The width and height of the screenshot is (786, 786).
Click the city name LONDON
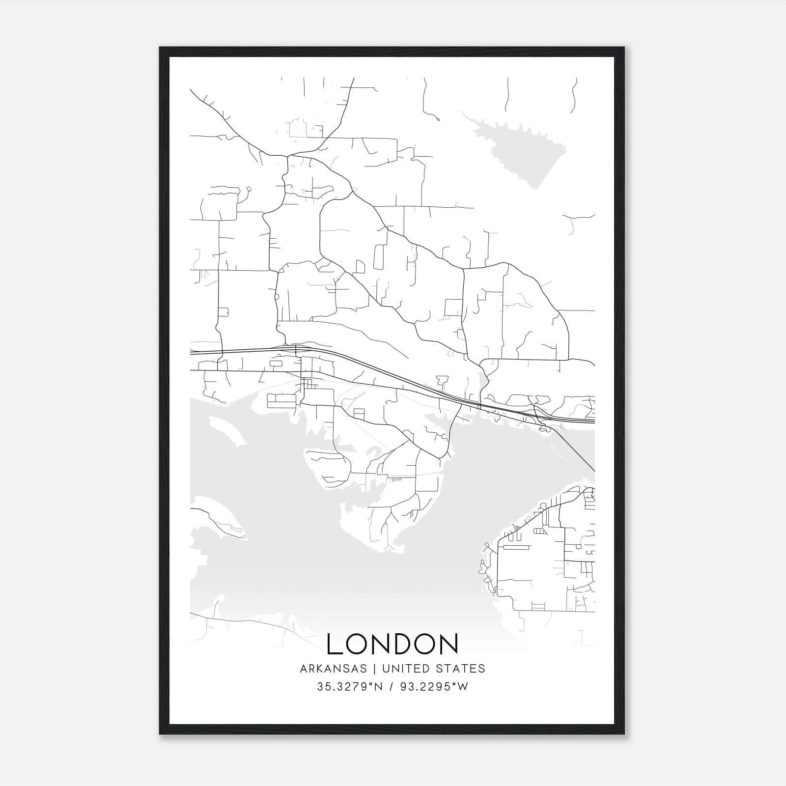click(x=393, y=644)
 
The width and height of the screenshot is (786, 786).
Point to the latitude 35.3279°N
click(x=350, y=687)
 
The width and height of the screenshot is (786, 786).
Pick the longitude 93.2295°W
click(x=434, y=687)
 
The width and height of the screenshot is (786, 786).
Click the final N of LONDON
click(x=449, y=644)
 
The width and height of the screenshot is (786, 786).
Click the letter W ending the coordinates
click(x=463, y=687)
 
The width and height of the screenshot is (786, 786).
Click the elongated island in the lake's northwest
click(x=227, y=431)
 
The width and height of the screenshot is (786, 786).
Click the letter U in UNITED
click(x=386, y=669)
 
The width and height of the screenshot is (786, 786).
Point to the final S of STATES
click(x=482, y=669)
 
